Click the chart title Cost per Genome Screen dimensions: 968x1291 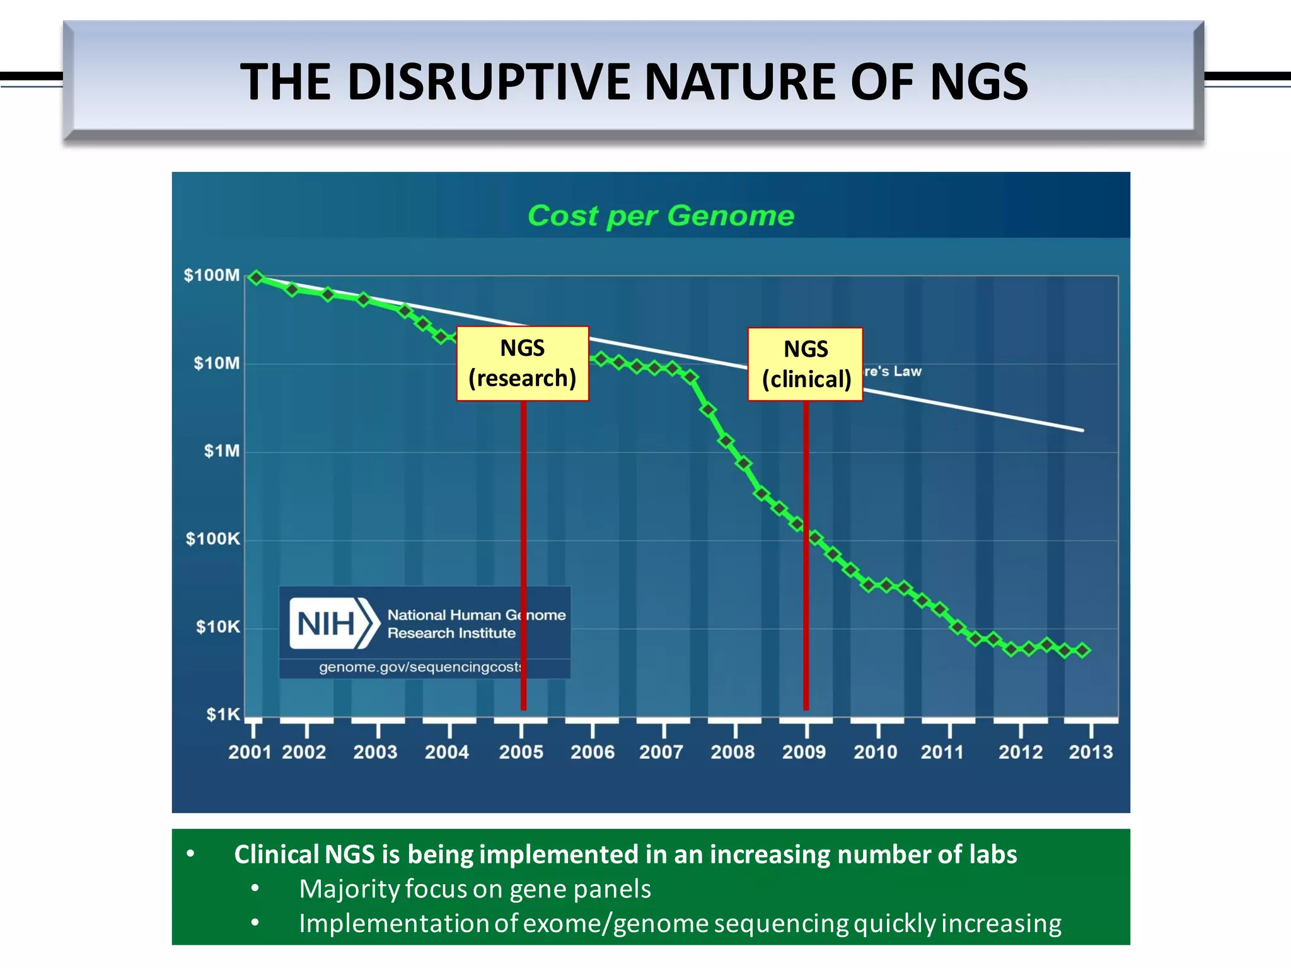point(661,216)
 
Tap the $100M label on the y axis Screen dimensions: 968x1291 point(212,275)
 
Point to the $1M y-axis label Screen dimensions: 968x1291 point(221,451)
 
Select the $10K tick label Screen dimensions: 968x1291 point(217,627)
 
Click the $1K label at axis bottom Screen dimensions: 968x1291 point(223,715)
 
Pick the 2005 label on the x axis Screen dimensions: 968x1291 point(521,752)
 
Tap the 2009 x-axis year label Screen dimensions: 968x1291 point(804,752)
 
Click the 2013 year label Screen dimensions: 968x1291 point(1091,752)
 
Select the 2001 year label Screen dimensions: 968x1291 point(250,752)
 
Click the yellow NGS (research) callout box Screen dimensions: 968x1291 point(523,364)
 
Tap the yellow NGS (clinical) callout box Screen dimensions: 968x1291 point(806,364)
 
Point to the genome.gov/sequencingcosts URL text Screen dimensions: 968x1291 point(420,667)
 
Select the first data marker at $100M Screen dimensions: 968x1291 point(256,277)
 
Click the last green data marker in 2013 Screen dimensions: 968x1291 point(1083,650)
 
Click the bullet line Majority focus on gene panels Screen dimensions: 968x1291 point(475,889)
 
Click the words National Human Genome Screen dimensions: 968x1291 point(476,615)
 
